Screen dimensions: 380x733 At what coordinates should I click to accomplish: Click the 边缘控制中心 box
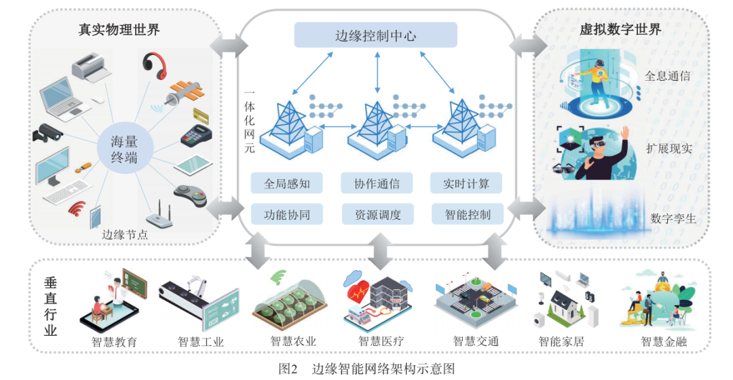click(375, 35)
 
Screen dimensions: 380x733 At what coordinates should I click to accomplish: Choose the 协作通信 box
click(377, 184)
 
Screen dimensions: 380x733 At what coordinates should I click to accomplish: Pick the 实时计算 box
click(467, 184)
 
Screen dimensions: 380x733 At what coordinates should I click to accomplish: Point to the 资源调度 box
click(377, 215)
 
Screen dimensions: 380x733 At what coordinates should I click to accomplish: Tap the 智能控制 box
click(467, 215)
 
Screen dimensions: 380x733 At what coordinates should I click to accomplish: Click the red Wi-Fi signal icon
click(77, 208)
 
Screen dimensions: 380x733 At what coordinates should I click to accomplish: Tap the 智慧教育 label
click(114, 341)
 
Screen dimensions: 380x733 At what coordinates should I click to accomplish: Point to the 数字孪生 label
click(672, 218)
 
